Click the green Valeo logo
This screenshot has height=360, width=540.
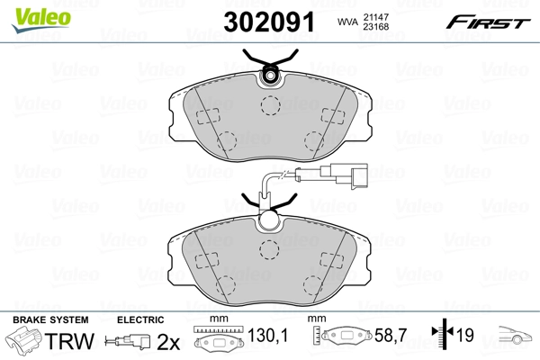(x=41, y=19)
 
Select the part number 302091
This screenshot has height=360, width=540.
(x=269, y=22)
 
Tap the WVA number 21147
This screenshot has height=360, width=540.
(x=376, y=17)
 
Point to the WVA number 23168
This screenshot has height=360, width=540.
(x=376, y=26)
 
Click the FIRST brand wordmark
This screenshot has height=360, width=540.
(x=488, y=22)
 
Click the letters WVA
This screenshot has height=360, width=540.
(x=347, y=22)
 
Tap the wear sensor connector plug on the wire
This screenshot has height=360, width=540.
(x=344, y=175)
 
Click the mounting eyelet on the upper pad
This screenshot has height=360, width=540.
(x=271, y=76)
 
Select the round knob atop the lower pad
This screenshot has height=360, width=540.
(x=269, y=220)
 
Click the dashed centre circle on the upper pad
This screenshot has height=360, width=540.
(x=270, y=105)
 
